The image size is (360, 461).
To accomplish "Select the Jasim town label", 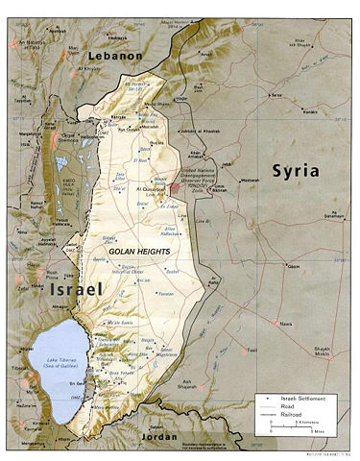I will coord(294,267).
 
